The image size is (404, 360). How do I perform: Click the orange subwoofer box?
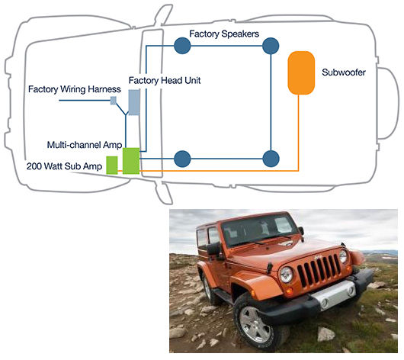pos(301,73)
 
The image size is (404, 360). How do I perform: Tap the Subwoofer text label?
pos(344,72)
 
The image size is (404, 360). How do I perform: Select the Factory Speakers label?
pos(224,34)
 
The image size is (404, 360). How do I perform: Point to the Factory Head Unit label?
pos(165,80)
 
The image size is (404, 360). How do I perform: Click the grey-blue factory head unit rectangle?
pos(134,102)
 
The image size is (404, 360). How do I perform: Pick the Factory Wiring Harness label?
pos(75,89)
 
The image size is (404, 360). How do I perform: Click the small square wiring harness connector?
pos(114,101)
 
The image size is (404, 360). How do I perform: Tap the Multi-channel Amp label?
pos(85,145)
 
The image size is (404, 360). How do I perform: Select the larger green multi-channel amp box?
pos(131,161)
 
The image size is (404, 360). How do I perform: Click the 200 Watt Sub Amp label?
pos(65,166)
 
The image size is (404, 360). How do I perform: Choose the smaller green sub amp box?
pos(112,165)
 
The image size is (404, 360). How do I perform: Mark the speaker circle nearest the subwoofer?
pos(271,46)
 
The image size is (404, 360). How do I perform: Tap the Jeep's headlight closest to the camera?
pos(287,275)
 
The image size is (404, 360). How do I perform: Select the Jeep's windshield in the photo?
pos(260,230)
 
